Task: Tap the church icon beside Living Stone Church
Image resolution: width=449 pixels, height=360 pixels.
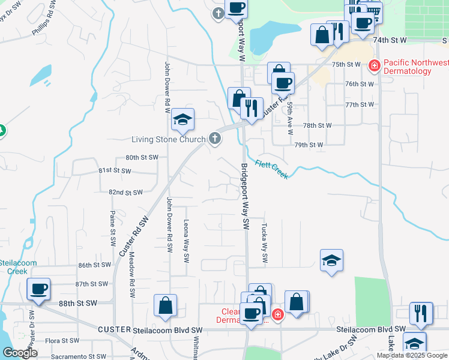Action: click(x=215, y=139)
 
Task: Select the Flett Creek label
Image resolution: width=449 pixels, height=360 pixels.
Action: click(x=271, y=169)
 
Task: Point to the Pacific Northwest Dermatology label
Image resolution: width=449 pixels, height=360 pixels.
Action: click(x=415, y=67)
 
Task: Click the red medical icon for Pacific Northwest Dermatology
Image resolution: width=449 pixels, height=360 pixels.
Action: click(x=374, y=65)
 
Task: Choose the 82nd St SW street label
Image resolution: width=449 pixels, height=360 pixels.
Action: click(x=125, y=193)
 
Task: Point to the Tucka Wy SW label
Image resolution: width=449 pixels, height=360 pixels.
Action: click(x=264, y=242)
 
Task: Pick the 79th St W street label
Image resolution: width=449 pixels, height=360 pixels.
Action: click(x=309, y=145)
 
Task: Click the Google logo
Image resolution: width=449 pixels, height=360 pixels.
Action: click(x=20, y=353)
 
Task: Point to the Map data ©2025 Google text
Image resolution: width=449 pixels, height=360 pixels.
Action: click(x=411, y=355)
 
